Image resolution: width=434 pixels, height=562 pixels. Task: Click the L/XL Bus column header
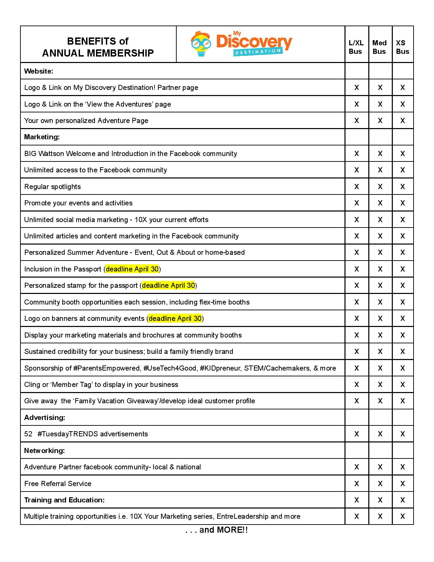point(356,47)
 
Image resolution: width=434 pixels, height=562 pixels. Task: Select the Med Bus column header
point(379,47)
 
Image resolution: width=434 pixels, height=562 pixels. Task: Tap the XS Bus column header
point(402,47)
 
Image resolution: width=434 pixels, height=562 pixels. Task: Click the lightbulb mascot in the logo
point(200,44)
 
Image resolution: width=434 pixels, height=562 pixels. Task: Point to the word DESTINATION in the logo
point(258,51)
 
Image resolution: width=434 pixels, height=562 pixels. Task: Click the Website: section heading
point(38,71)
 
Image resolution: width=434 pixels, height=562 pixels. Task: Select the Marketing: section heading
point(42,137)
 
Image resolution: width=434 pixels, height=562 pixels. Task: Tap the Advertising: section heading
point(45,417)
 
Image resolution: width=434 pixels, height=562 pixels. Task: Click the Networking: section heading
point(44,450)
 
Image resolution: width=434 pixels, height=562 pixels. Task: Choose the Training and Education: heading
point(64,500)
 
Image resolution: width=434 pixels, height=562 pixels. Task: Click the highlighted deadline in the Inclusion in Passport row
point(132,269)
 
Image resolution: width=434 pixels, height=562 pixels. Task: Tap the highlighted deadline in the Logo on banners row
point(175,318)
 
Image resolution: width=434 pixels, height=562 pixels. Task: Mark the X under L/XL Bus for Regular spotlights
point(356,187)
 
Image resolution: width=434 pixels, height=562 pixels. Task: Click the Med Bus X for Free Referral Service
point(380,483)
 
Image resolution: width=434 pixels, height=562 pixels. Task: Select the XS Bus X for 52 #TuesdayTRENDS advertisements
point(402,434)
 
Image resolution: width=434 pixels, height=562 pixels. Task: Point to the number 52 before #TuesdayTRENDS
point(28,434)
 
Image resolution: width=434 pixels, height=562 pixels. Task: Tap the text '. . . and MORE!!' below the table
point(217,530)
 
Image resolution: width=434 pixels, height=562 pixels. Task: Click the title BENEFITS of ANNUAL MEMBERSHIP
point(98,47)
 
